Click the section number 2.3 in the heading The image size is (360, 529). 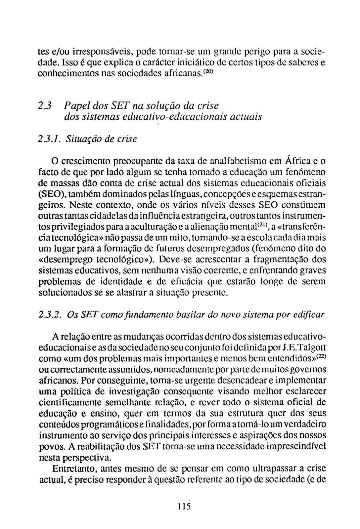(x=44, y=106)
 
